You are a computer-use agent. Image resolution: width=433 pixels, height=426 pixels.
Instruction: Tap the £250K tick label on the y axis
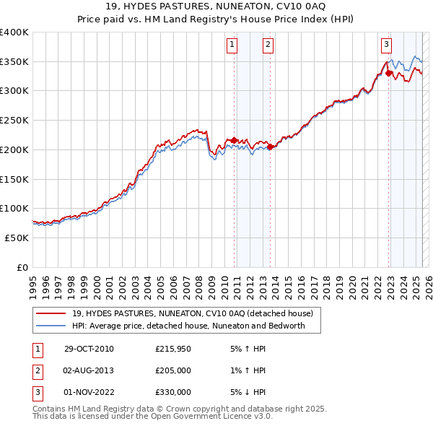(x=14, y=120)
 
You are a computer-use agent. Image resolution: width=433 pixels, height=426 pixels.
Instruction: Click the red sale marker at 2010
(x=234, y=140)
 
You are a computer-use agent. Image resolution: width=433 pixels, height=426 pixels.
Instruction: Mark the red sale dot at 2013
(x=270, y=147)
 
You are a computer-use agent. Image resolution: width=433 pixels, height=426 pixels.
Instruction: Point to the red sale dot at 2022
(x=388, y=73)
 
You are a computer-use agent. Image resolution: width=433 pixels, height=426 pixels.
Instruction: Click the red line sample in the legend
(x=51, y=313)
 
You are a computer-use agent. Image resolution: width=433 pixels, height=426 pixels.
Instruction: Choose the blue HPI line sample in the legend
(x=51, y=326)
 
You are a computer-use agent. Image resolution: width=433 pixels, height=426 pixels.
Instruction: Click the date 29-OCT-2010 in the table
(x=89, y=349)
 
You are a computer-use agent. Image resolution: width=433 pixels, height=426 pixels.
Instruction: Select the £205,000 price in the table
(x=173, y=370)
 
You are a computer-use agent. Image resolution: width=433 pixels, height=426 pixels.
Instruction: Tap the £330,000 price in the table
(x=173, y=391)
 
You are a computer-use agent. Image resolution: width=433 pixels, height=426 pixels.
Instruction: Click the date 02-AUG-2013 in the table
(x=89, y=370)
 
